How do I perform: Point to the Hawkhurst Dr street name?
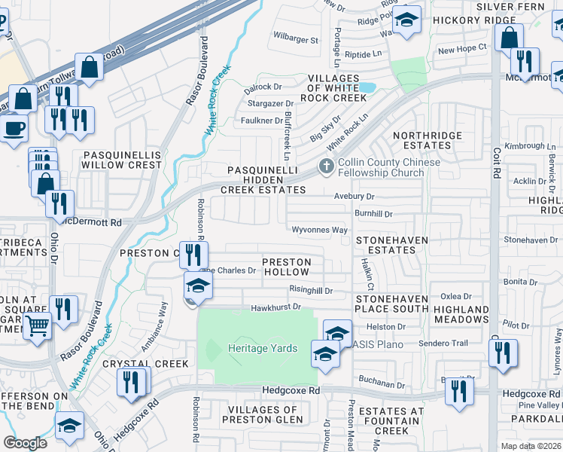[x=275, y=307]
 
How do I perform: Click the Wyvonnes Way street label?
[x=320, y=230]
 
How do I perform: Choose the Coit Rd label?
[x=495, y=167]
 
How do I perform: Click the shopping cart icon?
[x=37, y=327]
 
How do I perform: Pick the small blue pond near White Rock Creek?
[x=367, y=88]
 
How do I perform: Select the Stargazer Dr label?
[x=268, y=103]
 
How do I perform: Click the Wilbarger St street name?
[x=296, y=36]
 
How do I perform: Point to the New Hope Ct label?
[x=462, y=49]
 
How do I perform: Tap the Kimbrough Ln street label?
[x=524, y=145]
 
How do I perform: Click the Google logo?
[x=25, y=443]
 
